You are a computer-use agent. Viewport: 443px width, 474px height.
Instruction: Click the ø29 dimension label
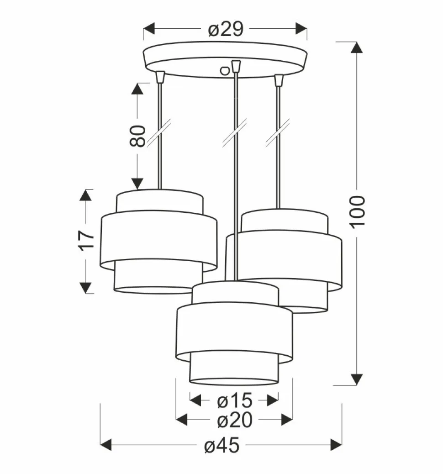click(225, 30)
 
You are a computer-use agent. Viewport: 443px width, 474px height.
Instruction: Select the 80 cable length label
click(137, 136)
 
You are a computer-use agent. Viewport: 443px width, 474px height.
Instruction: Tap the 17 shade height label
click(85, 241)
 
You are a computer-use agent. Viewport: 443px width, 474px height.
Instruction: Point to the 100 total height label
click(358, 211)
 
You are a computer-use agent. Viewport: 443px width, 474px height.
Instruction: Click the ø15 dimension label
click(234, 401)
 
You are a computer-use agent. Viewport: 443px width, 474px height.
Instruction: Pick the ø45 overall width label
click(221, 446)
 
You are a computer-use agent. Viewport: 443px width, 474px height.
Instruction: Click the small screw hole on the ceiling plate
click(224, 70)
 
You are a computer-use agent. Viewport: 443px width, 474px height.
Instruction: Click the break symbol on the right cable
click(278, 133)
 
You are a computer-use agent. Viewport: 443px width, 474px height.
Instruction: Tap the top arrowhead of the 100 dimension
click(357, 48)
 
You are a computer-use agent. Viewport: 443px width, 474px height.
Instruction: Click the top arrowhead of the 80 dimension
click(137, 89)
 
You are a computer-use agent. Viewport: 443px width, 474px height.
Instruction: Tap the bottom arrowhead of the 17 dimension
click(85, 287)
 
